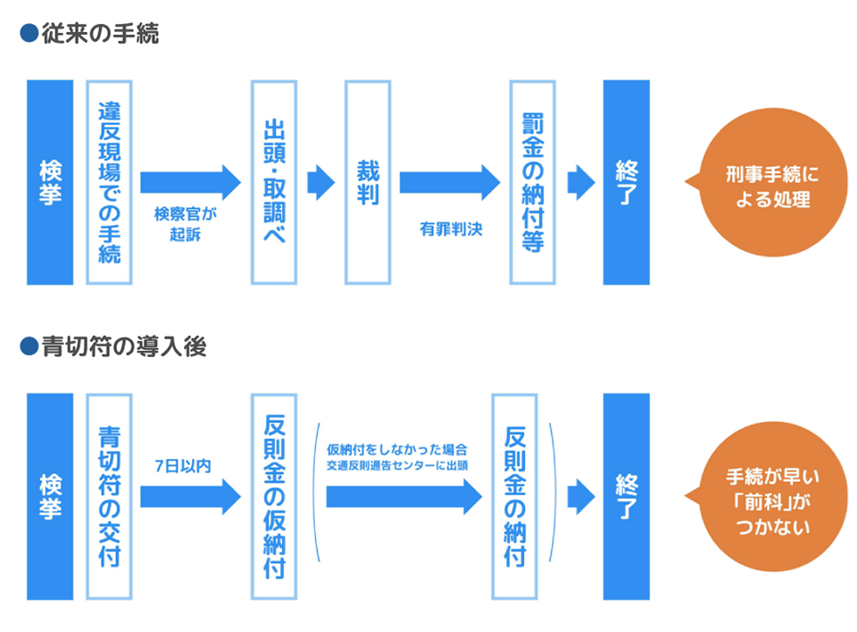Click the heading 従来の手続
100,35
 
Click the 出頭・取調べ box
274,182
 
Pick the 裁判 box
368,182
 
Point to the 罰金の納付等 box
533,182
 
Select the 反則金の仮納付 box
274,496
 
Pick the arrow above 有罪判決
449,182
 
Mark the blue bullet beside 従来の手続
28,35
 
